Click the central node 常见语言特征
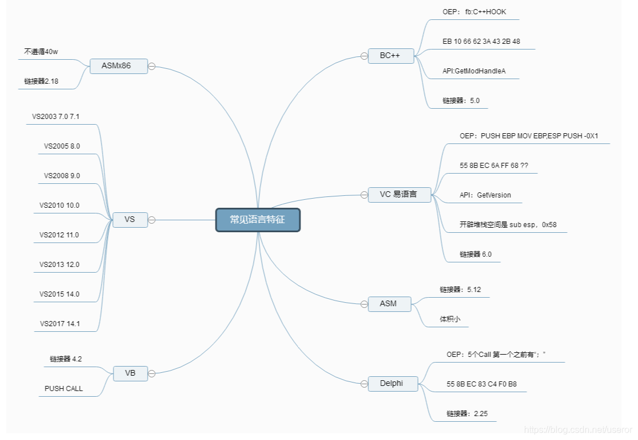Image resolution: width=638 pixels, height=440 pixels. tap(258, 220)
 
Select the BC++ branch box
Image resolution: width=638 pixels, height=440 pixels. tap(391, 56)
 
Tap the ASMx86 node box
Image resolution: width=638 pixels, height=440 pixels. tap(119, 66)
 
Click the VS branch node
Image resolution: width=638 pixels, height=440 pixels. tap(130, 219)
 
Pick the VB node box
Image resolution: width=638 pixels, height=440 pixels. tap(130, 373)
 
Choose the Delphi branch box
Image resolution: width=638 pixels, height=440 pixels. tap(392, 384)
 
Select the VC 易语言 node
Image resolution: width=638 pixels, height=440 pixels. tap(399, 194)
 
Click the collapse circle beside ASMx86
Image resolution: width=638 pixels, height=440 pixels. tap(152, 66)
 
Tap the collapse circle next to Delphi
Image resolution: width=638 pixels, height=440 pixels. tap(364, 384)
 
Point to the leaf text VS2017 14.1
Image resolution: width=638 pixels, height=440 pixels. tap(59, 324)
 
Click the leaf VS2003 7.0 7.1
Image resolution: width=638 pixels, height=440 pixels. tap(56, 117)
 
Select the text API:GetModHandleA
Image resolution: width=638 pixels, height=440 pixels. tap(474, 71)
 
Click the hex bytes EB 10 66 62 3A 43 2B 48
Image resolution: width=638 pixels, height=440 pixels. tap(481, 42)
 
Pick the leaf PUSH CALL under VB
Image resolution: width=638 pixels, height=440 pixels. tap(64, 389)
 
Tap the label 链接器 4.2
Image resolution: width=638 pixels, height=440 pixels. tap(66, 359)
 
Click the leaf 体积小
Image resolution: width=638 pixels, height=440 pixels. tap(450, 319)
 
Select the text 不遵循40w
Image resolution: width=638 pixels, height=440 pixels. tap(41, 52)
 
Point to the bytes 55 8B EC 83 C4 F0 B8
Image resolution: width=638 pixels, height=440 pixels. tap(482, 384)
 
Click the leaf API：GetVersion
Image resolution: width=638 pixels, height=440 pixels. tap(485, 195)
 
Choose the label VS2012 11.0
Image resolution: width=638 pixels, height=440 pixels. tap(59, 235)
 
